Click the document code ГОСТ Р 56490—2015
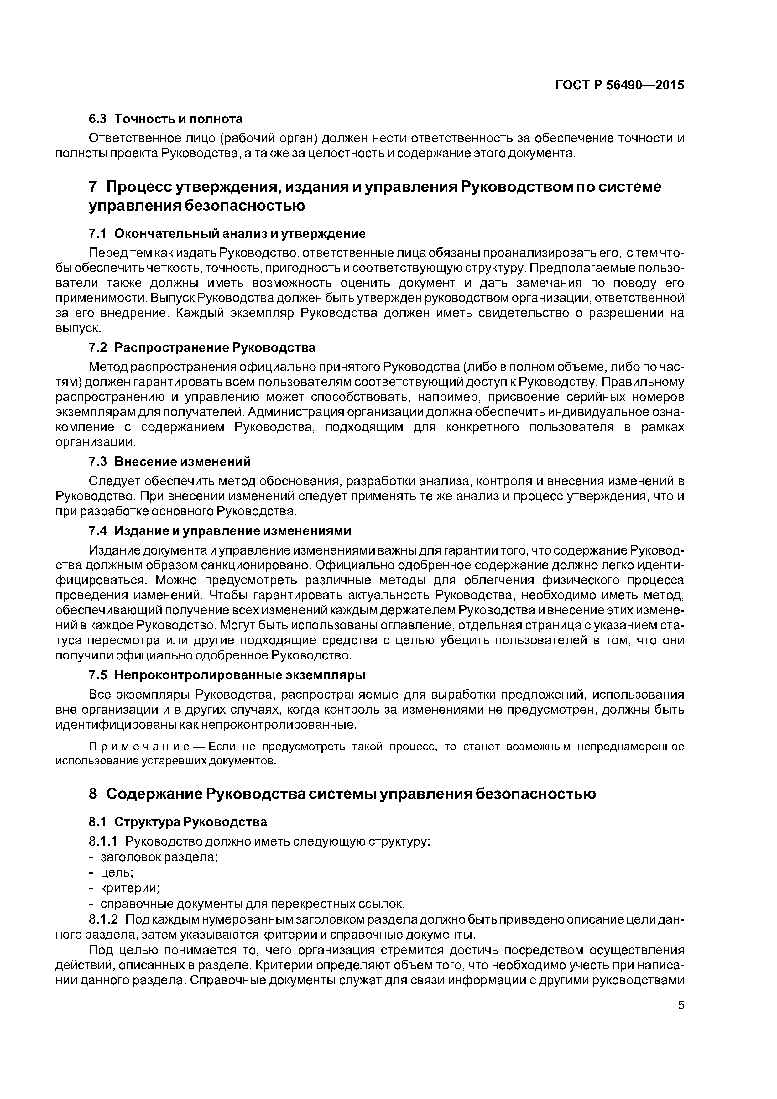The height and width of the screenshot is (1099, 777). pyautogui.click(x=619, y=85)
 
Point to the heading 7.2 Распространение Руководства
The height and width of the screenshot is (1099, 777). pyautogui.click(x=202, y=347)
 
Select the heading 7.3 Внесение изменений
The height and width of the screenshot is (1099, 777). pyautogui.click(x=169, y=461)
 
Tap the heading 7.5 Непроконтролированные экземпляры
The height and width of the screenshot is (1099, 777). pyautogui.click(x=227, y=675)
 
